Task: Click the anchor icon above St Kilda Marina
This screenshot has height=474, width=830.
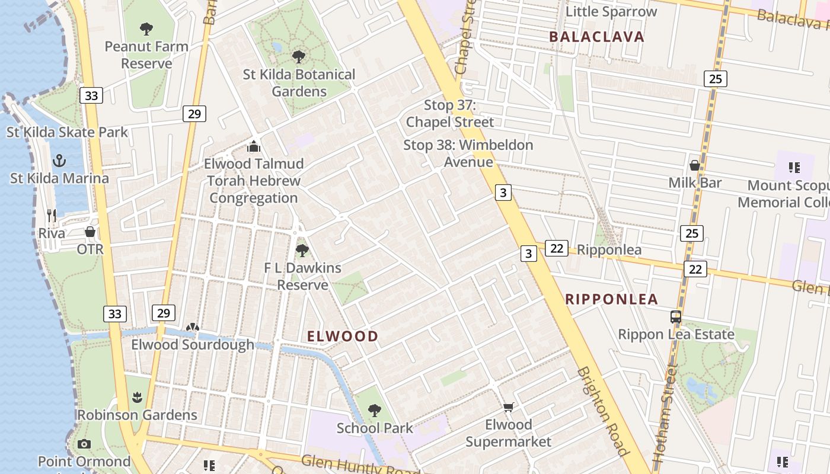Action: click(x=59, y=160)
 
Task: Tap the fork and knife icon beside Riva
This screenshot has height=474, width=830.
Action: click(x=52, y=215)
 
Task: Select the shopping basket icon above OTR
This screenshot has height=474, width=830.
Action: click(x=90, y=231)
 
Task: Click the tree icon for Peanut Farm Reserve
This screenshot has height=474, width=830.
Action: click(x=146, y=28)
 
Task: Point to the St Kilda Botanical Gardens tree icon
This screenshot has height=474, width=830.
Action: click(x=299, y=56)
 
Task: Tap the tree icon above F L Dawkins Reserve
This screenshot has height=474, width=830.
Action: click(x=302, y=250)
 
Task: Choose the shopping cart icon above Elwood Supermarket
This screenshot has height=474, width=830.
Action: click(x=508, y=407)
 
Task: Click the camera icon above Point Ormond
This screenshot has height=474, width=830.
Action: click(x=84, y=444)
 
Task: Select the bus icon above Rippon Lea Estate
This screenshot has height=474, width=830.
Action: click(x=676, y=317)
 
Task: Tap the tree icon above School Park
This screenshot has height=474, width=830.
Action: click(x=374, y=410)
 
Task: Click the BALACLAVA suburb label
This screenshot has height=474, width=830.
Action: click(x=596, y=37)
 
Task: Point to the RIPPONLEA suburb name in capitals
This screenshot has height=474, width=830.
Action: click(x=612, y=299)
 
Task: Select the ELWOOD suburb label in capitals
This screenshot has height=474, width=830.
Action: click(x=343, y=337)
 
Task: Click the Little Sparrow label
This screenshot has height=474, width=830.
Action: click(x=611, y=11)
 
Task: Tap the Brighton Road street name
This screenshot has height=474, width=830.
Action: click(x=602, y=411)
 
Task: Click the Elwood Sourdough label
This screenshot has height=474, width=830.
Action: click(x=193, y=345)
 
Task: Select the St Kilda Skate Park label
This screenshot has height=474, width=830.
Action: click(x=67, y=132)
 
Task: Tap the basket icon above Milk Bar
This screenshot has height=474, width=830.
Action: click(x=695, y=165)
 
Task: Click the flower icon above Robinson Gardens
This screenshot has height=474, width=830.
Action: click(x=138, y=397)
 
